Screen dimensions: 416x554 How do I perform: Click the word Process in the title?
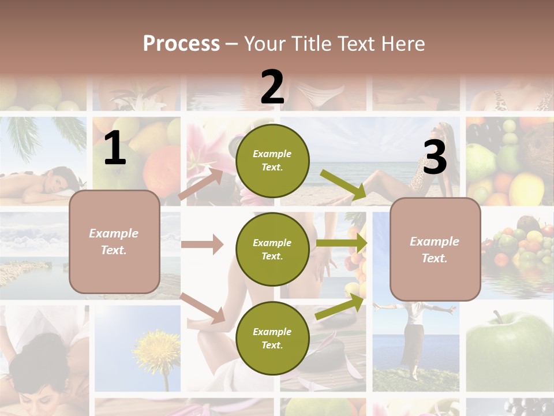[181, 43]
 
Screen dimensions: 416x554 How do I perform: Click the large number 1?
[115, 149]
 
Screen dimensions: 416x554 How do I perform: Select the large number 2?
[272, 87]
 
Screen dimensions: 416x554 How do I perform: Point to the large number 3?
[435, 157]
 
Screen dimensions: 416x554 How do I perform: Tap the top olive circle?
[272, 161]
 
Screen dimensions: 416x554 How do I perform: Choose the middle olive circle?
[272, 249]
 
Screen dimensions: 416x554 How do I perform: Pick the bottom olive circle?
[272, 338]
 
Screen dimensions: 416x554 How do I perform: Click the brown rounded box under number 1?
[114, 242]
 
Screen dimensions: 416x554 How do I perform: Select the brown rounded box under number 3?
[435, 249]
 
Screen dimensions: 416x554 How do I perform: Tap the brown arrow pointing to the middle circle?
[202, 244]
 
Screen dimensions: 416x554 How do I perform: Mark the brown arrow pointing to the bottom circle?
[203, 308]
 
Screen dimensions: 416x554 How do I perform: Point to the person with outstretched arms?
[414, 335]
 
